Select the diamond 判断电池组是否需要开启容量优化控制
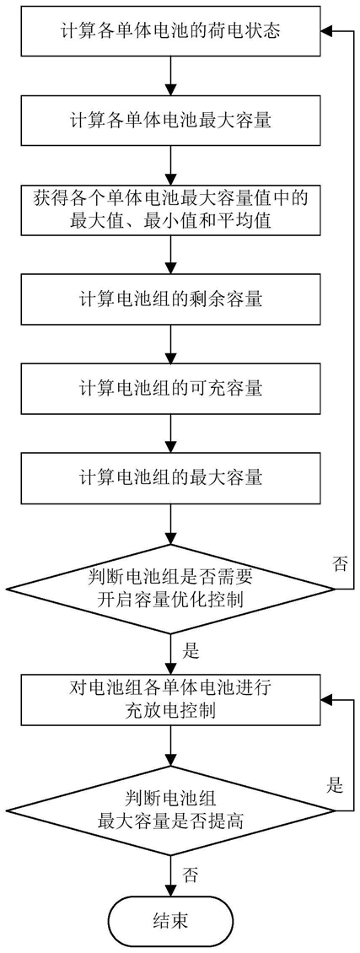[x=170, y=589]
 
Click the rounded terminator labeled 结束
[x=170, y=919]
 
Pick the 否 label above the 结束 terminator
[x=190, y=875]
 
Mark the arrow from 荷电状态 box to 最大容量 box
[x=171, y=75]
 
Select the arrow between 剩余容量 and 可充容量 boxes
[x=171, y=344]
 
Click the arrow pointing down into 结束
[x=171, y=875]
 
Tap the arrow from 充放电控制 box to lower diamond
[x=171, y=750]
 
